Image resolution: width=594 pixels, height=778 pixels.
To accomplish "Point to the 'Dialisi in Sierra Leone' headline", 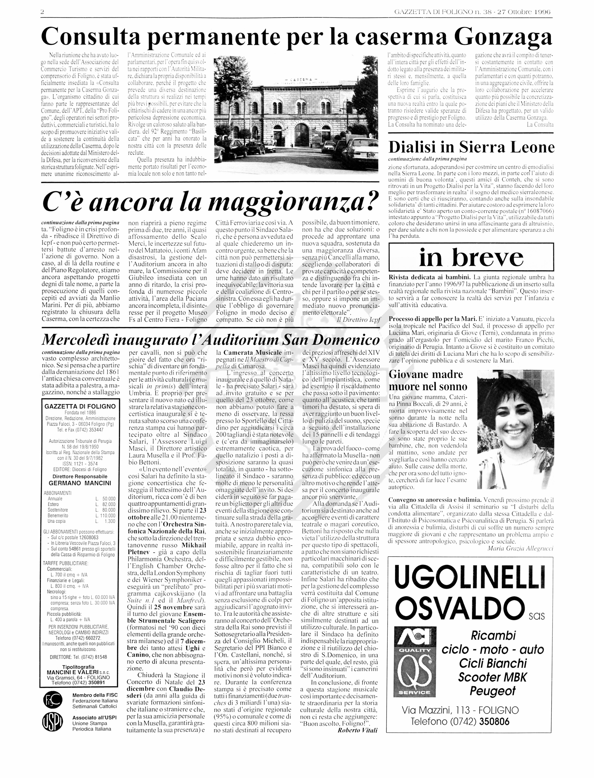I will point(471,147).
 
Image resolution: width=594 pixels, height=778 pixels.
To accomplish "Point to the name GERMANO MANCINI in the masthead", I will point(80,483).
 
